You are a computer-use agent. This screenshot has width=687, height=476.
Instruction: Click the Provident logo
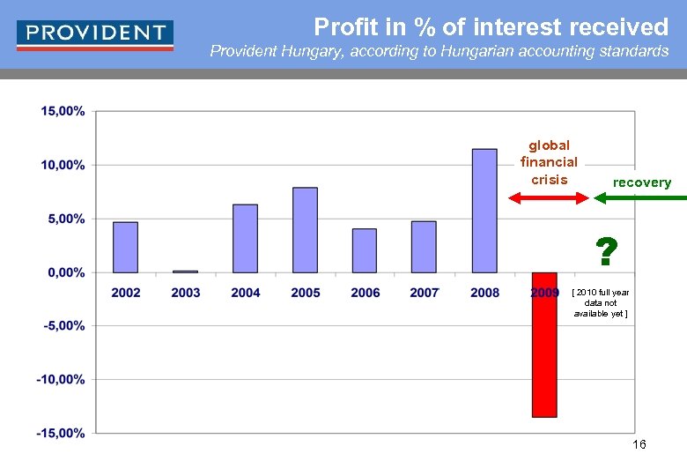tap(95, 33)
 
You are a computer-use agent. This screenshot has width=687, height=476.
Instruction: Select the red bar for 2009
tap(544, 346)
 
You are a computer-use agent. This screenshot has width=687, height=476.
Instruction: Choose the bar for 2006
tap(365, 250)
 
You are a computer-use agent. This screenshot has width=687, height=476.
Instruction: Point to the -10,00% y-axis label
tap(61, 379)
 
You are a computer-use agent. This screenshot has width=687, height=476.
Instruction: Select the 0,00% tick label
tap(64, 272)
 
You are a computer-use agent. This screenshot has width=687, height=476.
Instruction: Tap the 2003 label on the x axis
tap(186, 293)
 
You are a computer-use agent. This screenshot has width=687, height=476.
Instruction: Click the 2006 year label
tap(365, 293)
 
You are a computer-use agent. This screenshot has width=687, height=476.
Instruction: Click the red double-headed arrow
tap(550, 198)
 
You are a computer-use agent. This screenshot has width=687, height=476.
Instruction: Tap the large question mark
tap(604, 252)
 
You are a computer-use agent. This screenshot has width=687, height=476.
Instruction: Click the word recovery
tap(642, 182)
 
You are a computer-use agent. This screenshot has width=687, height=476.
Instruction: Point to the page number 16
tap(639, 444)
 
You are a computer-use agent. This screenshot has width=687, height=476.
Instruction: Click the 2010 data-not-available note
tap(601, 302)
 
